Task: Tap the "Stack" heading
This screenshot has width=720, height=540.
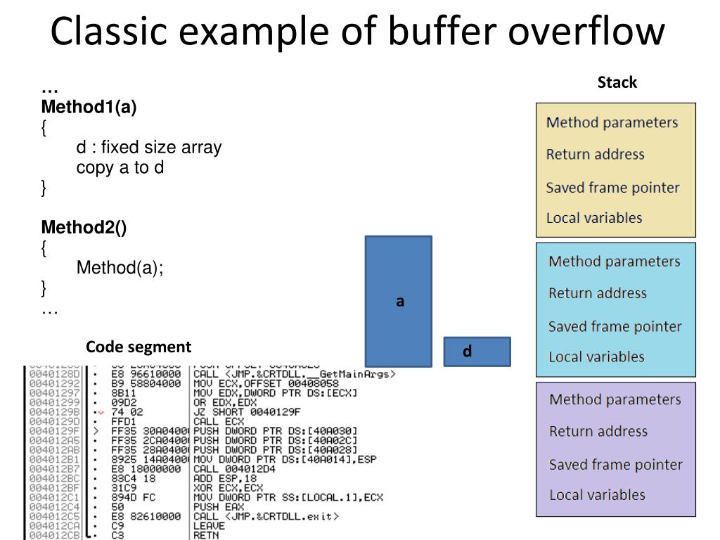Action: click(617, 82)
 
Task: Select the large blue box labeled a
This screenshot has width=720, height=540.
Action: click(398, 301)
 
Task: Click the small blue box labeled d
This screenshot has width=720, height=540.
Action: click(477, 352)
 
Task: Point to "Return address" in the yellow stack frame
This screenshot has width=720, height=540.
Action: click(595, 154)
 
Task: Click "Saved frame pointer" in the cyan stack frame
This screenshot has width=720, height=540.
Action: click(615, 326)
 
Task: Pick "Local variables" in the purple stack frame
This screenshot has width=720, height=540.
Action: click(597, 494)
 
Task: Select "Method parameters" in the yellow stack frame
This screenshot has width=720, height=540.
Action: click(612, 122)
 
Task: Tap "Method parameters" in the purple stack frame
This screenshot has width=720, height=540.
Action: click(615, 399)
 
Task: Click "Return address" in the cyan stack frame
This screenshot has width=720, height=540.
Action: click(597, 292)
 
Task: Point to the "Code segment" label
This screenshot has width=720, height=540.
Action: click(139, 347)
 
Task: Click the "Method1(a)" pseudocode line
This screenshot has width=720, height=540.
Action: click(89, 108)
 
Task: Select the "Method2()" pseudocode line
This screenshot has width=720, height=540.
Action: click(84, 228)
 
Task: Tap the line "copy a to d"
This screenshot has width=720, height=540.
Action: click(120, 168)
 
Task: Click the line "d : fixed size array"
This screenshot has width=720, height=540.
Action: click(148, 148)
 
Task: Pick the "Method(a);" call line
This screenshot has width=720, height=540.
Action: click(120, 268)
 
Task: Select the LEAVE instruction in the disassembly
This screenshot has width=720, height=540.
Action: click(209, 525)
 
